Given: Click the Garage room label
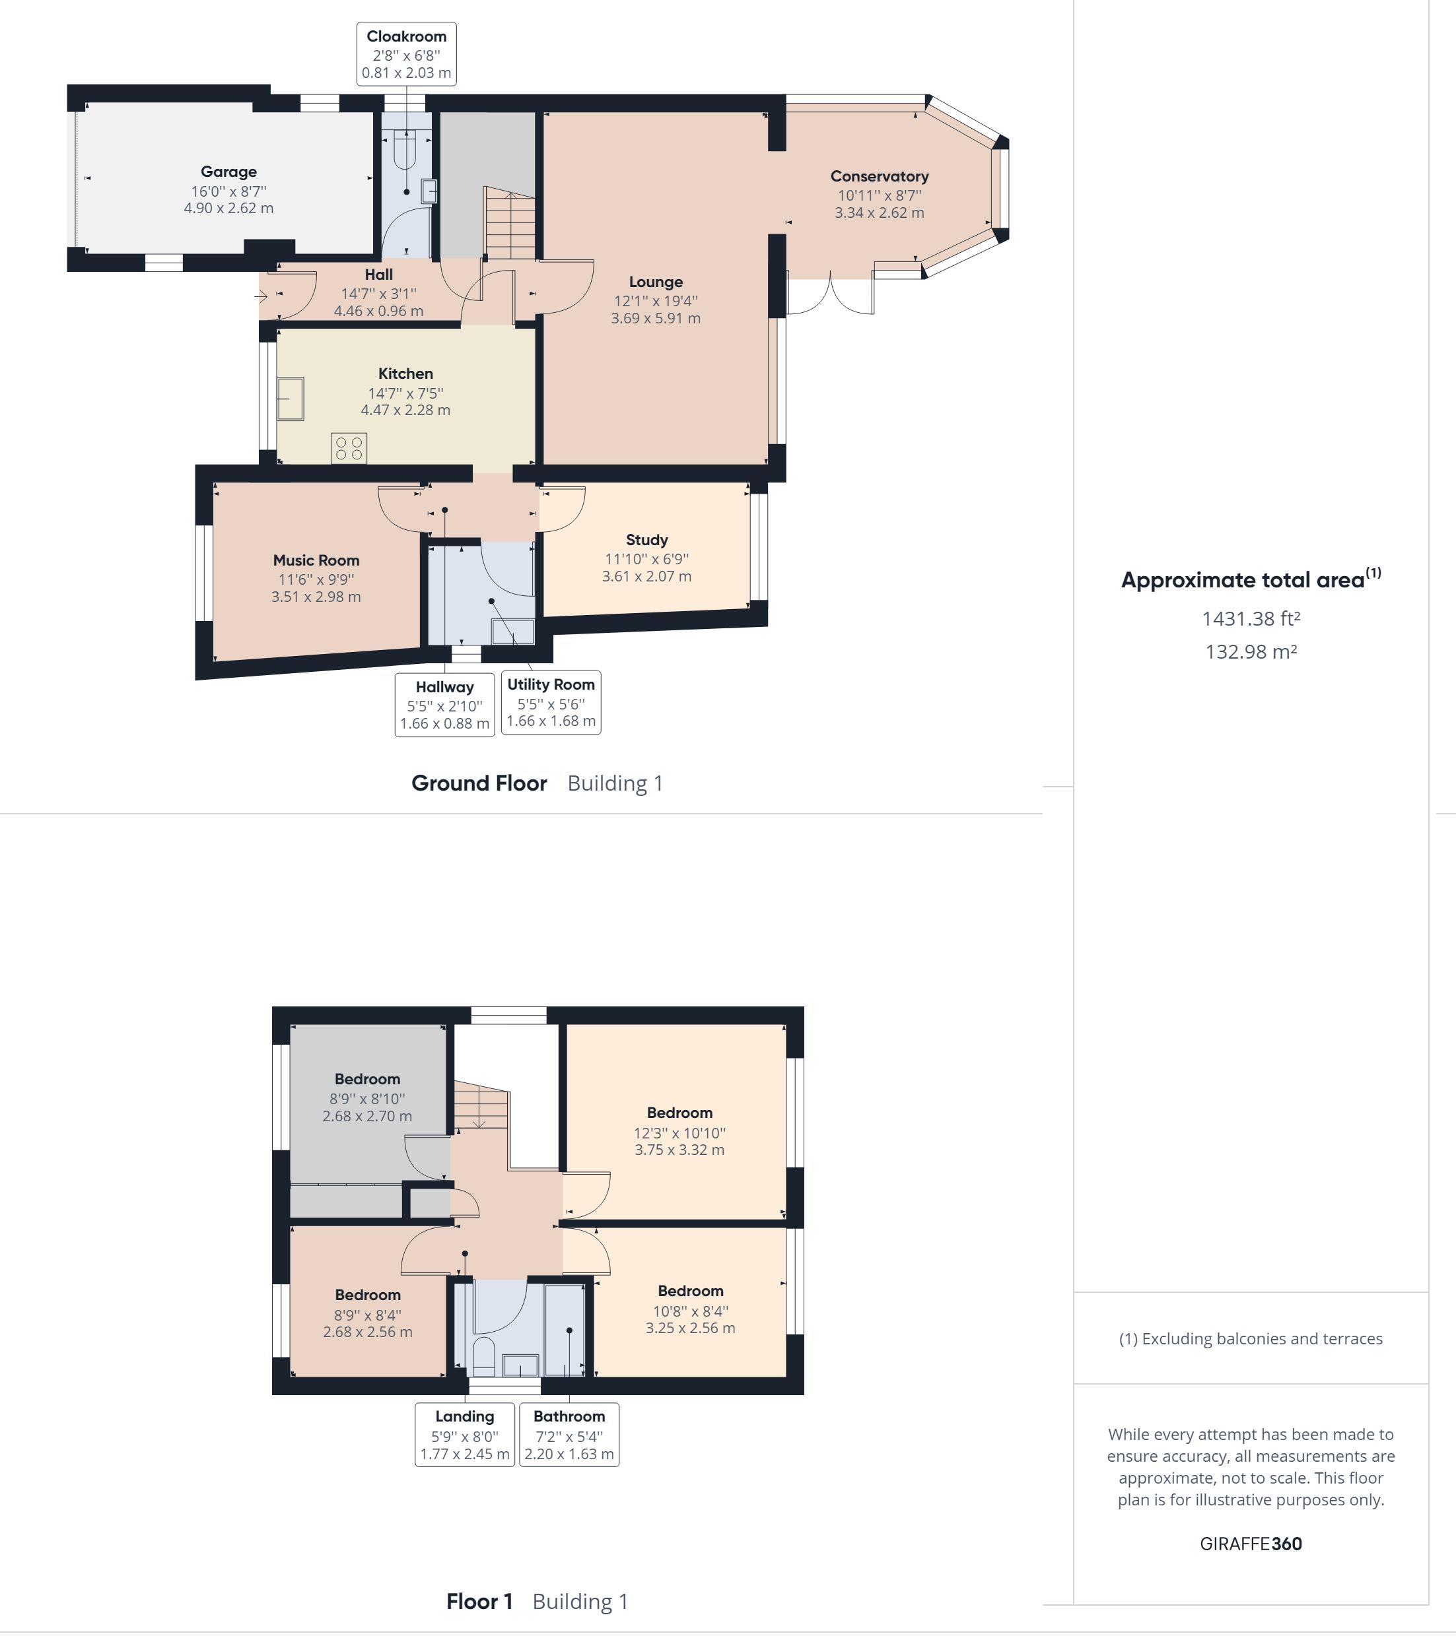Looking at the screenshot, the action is [x=228, y=172].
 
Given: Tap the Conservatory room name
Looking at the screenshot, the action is [x=880, y=176].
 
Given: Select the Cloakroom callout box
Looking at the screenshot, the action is [x=407, y=53].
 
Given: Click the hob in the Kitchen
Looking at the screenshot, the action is [x=349, y=448].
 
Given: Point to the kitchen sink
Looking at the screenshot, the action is [x=291, y=399].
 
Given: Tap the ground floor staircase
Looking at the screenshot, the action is [x=509, y=223].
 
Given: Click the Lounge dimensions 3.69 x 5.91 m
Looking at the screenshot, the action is [x=656, y=318].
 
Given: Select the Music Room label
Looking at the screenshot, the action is [x=316, y=560].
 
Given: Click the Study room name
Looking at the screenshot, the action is [x=647, y=540].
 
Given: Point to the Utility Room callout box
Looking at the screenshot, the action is [x=551, y=702].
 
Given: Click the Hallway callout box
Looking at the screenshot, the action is [x=445, y=704].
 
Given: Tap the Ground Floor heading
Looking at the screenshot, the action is [x=479, y=783].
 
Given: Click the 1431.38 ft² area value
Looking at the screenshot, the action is [x=1251, y=618].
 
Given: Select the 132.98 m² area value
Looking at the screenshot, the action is [x=1251, y=651].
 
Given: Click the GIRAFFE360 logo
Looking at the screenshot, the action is [x=1251, y=1544].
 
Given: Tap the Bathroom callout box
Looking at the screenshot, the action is [x=569, y=1435].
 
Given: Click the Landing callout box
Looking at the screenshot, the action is [x=465, y=1435].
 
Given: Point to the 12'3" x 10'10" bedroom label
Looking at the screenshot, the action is [x=680, y=1133].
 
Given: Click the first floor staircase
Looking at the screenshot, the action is [x=481, y=1107].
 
